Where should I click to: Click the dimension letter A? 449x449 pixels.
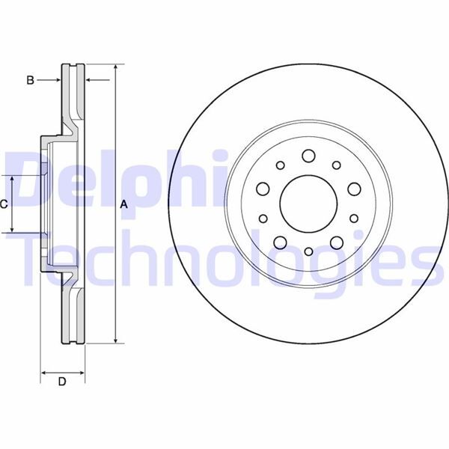pyautogui.click(x=125, y=204)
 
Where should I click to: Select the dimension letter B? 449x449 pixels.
pyautogui.click(x=31, y=79)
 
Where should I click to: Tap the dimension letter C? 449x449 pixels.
pyautogui.click(x=4, y=204)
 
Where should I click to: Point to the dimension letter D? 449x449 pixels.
pyautogui.click(x=62, y=382)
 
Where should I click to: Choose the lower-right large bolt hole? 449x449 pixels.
pyautogui.click(x=335, y=241)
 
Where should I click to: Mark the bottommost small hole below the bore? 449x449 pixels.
pyautogui.click(x=308, y=253)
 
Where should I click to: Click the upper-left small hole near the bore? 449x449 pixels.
pyautogui.click(x=281, y=166)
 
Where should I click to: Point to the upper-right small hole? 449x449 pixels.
pyautogui.click(x=335, y=166)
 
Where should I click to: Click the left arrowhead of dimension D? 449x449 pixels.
pyautogui.click(x=43, y=371)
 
